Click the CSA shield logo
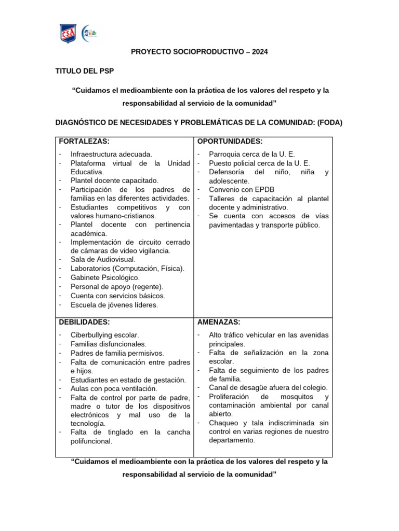click(x=69, y=34)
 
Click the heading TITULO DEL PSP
click(x=85, y=71)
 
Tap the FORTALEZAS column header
click(x=84, y=142)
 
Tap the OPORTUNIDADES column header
click(x=230, y=142)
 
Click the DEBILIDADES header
click(x=84, y=322)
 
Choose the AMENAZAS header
click(x=218, y=322)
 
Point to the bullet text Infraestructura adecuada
click(x=111, y=154)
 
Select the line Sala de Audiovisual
click(x=103, y=259)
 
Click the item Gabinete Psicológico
click(x=105, y=277)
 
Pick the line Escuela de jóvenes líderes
click(x=114, y=305)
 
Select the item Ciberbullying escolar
click(x=104, y=335)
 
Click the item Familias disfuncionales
click(x=109, y=344)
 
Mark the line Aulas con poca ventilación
click(x=114, y=388)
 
